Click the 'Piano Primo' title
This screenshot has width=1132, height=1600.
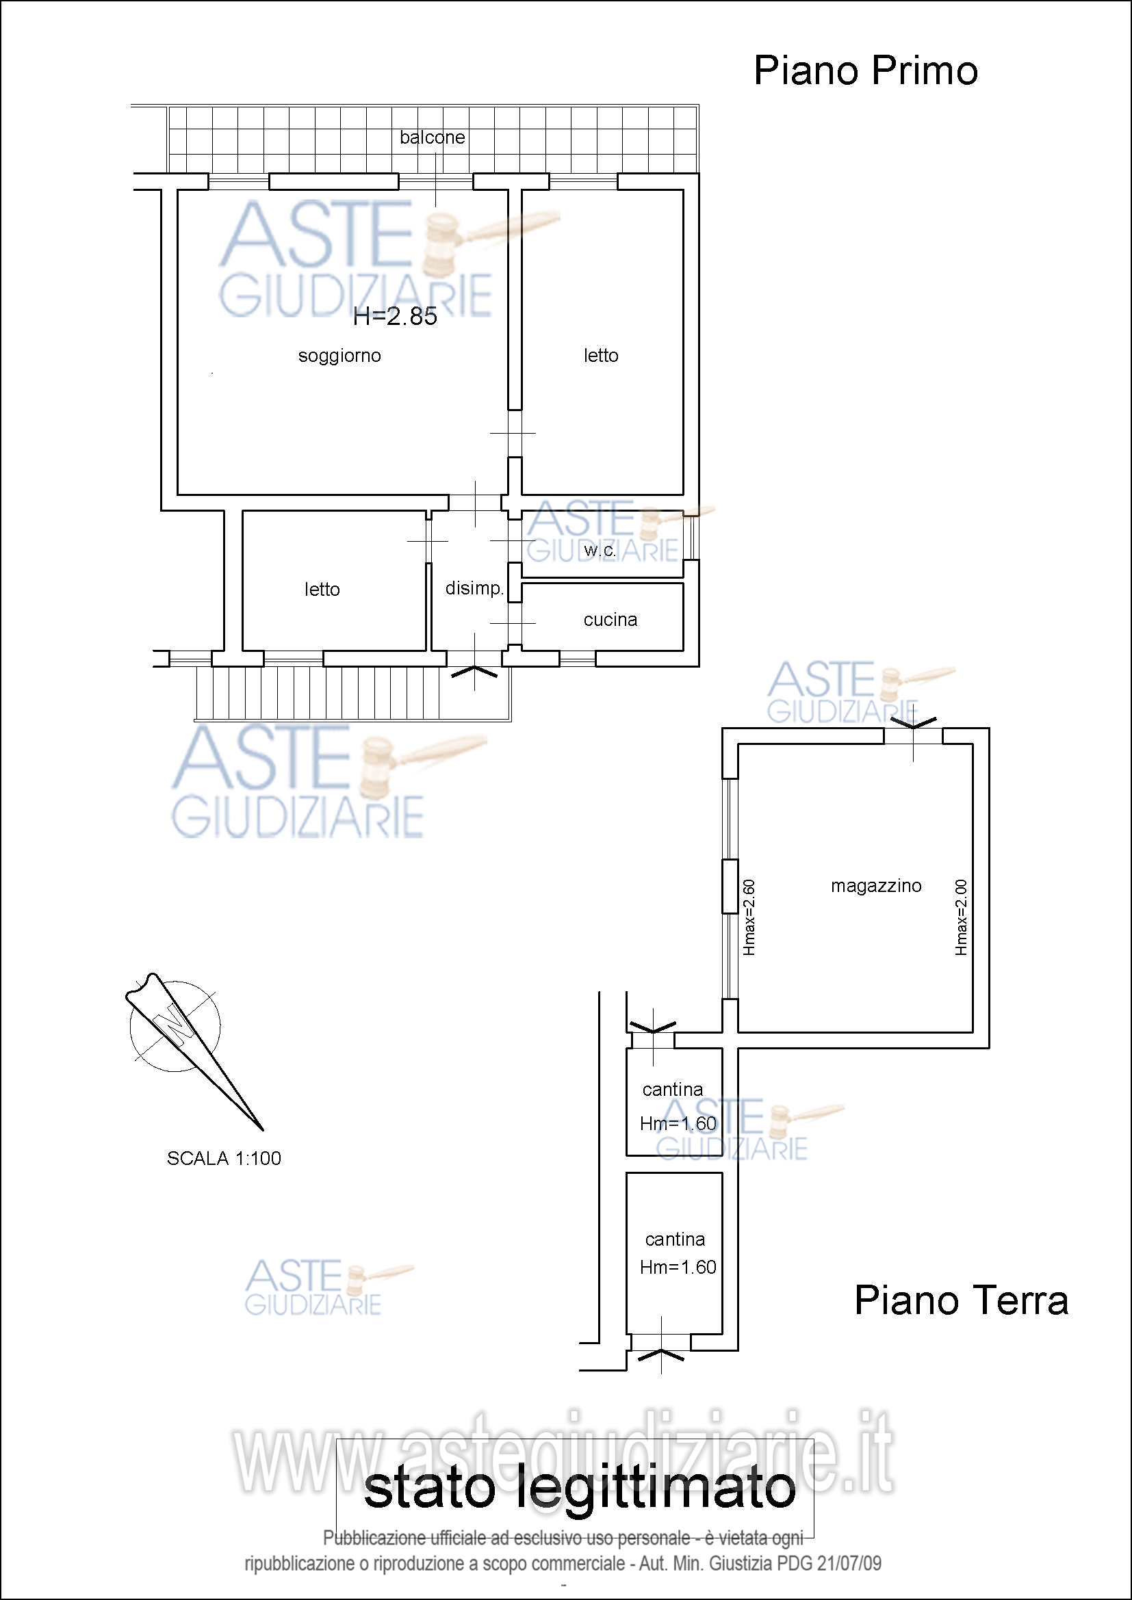(x=865, y=71)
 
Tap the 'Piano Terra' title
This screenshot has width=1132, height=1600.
(x=961, y=1300)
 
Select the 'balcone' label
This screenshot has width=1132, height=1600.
(x=432, y=137)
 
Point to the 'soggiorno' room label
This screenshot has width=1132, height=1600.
(x=339, y=356)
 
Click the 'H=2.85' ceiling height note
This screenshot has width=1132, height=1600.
(x=395, y=317)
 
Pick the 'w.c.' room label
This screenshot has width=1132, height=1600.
(x=600, y=551)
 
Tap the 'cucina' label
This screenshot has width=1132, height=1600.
(x=610, y=620)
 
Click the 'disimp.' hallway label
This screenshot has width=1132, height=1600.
(x=474, y=588)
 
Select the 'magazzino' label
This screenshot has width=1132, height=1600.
(x=876, y=886)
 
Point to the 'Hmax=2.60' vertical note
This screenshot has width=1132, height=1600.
(x=749, y=917)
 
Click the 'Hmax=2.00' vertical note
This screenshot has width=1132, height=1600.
(x=960, y=917)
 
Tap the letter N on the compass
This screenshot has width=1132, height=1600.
(x=172, y=1027)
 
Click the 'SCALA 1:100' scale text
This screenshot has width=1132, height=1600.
(x=224, y=1158)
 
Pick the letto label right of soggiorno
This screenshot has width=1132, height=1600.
(x=601, y=356)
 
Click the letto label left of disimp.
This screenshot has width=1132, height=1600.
(x=322, y=590)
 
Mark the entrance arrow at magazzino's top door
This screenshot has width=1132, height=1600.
(x=913, y=723)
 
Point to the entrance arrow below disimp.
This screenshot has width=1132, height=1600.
(x=475, y=672)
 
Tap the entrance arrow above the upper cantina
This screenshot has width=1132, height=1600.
(x=652, y=1027)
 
